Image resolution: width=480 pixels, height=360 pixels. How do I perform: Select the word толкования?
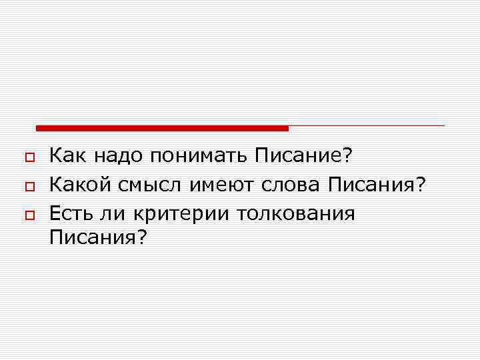301,215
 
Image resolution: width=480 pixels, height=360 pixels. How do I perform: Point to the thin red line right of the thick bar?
367,125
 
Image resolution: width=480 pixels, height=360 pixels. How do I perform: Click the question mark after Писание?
346,156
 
